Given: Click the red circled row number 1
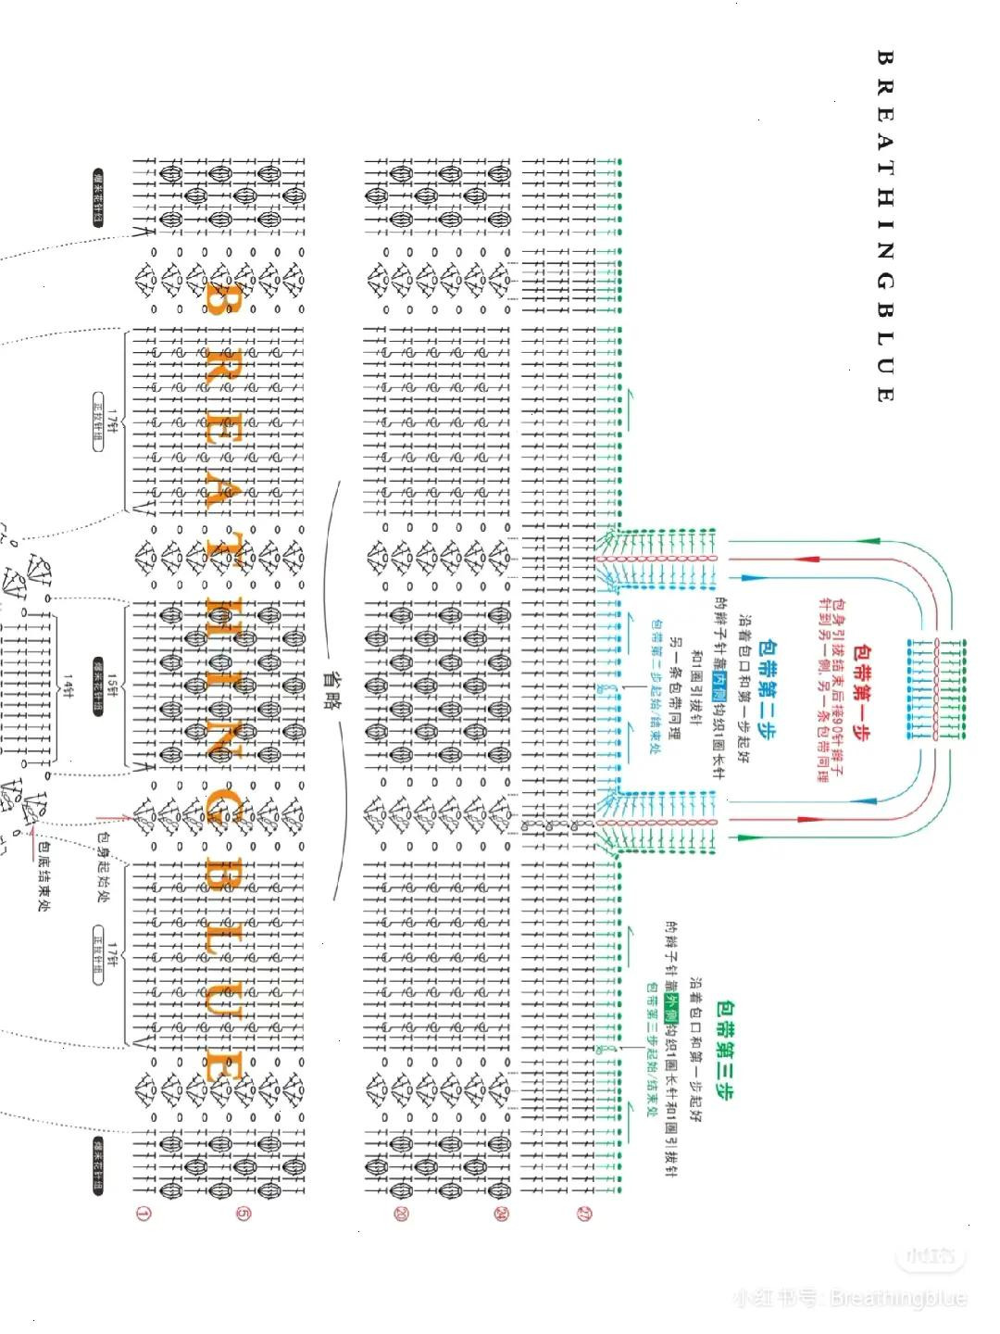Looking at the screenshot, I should point(143,1213).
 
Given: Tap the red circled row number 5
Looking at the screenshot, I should point(243,1213).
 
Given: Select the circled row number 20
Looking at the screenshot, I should point(401,1213).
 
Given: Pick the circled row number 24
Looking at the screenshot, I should point(501,1213).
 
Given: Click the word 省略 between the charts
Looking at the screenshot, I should point(329,690).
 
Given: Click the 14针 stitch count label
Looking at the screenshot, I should point(69,686).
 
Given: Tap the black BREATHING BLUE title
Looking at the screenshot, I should point(883,226).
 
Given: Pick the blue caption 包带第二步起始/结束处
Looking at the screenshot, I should point(655,686).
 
